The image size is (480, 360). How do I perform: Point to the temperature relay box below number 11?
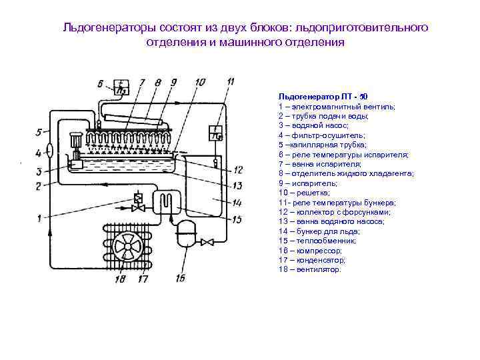click(216, 133)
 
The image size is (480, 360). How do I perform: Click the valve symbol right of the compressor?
click(208, 242)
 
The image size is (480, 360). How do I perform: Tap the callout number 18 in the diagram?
click(120, 279)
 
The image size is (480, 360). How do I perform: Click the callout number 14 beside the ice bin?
click(237, 201)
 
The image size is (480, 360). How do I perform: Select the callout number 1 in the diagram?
click(39, 218)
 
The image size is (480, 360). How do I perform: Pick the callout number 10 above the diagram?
click(201, 82)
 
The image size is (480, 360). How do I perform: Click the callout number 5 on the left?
click(39, 132)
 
